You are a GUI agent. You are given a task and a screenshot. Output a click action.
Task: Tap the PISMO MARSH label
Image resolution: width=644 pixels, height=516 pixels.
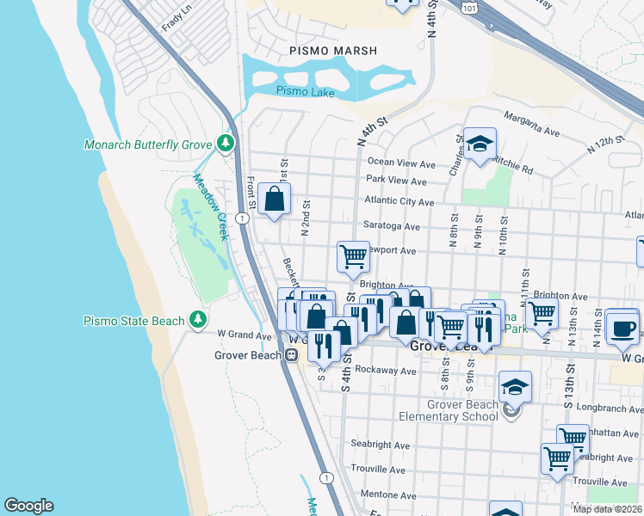333,51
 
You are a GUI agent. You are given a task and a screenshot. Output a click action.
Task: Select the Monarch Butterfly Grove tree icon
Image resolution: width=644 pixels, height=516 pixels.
226,142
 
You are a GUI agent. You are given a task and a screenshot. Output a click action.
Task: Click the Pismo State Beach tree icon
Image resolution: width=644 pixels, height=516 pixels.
198,320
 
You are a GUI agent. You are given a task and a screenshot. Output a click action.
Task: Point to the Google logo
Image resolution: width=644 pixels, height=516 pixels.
28,506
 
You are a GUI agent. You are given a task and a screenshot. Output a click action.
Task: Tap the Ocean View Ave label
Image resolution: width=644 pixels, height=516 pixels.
401,163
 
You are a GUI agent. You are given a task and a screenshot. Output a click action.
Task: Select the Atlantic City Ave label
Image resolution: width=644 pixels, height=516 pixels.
399,201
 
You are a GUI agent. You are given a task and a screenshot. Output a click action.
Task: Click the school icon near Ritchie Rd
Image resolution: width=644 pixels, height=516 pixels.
480,143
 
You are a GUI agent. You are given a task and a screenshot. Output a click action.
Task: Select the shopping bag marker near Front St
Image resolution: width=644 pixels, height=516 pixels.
274,200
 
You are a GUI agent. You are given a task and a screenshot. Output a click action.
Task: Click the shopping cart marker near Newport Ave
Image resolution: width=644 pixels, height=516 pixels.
352,256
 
